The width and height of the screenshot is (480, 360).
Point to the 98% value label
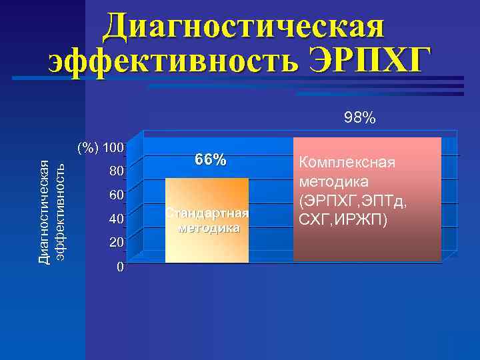tap(360, 119)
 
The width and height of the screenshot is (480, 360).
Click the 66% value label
tap(210, 160)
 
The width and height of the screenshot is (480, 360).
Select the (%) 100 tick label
tap(100, 147)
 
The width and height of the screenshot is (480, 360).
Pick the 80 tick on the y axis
tap(116, 171)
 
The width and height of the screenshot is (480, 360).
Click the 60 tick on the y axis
tap(116, 195)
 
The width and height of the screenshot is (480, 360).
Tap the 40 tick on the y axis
tap(116, 219)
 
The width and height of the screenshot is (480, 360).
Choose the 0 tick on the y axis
tap(119, 267)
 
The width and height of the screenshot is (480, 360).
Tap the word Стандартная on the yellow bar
tap(207, 213)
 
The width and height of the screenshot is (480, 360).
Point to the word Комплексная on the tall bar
tap(347, 163)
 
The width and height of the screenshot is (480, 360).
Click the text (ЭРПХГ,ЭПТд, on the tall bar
tap(354, 199)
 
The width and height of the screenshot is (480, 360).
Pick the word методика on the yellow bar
tap(207, 228)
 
